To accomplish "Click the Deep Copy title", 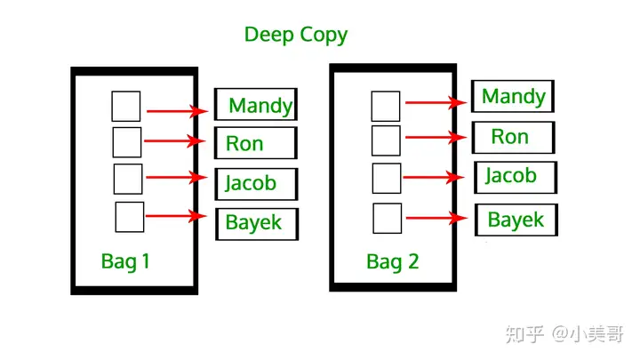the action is click(296, 35).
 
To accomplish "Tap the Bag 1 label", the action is click(125, 261).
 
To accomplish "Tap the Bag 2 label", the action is click(393, 261).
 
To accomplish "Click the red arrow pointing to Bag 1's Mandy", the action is click(178, 110).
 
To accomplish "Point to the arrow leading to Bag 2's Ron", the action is click(436, 137).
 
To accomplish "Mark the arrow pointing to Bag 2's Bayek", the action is click(436, 218).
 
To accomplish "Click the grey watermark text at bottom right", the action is click(565, 334).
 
